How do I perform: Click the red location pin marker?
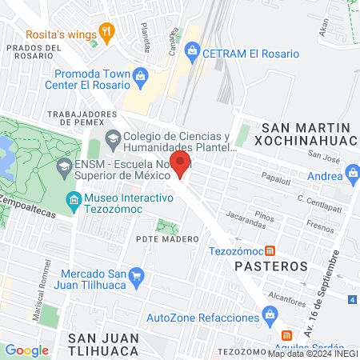pos(181,165)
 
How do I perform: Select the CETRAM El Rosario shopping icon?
pos(192,54)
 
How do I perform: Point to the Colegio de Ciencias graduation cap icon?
pos(113,137)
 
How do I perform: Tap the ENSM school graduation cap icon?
pos(64,169)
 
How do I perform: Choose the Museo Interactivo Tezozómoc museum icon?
pos(74,199)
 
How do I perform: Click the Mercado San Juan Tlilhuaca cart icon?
pos(137,277)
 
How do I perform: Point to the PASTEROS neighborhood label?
pos(271,265)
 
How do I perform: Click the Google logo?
pos(27,350)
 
